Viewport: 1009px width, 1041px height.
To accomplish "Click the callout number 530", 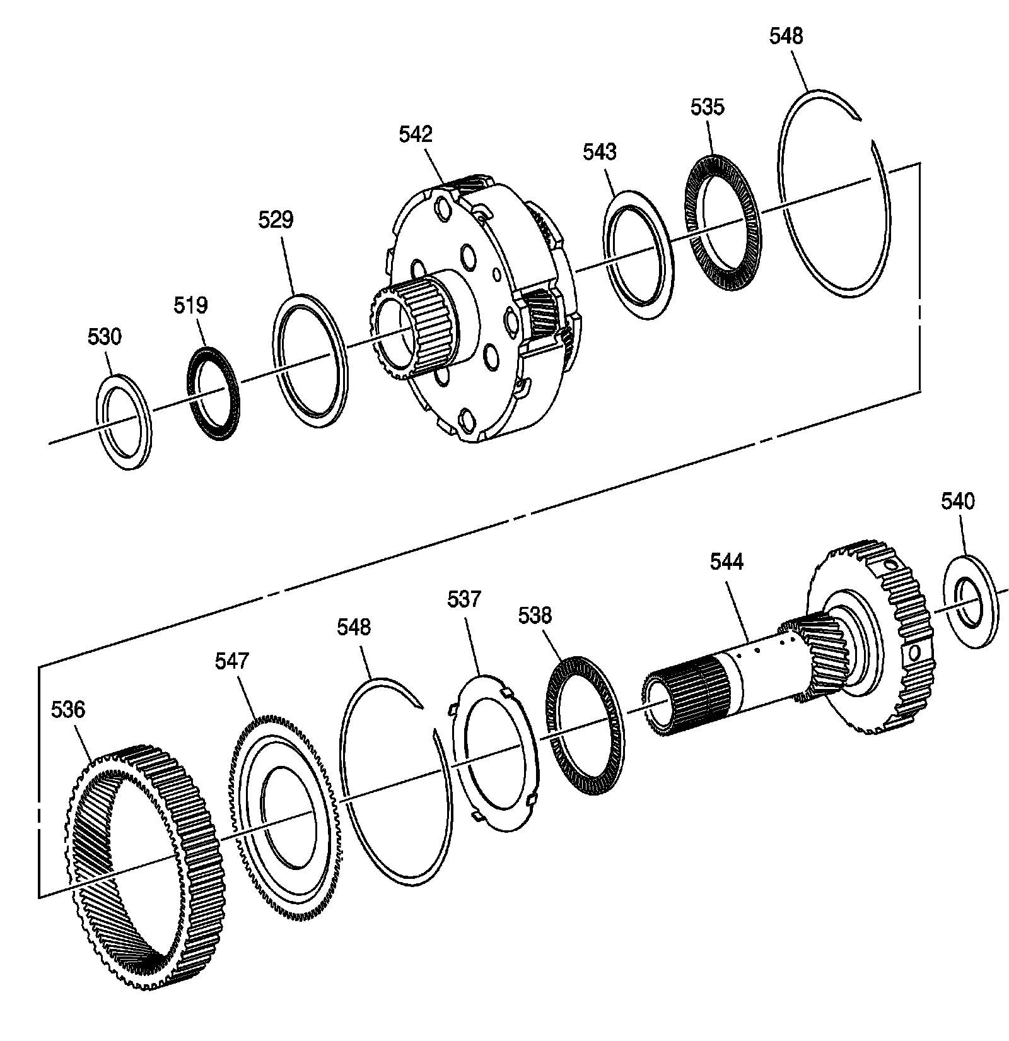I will pos(104,337).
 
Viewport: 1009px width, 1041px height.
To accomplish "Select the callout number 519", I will pos(190,305).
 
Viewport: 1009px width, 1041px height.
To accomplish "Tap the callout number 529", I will pos(276,220).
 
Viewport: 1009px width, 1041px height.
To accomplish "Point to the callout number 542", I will pos(416,134).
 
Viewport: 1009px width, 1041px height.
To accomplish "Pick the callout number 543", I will pos(599,152).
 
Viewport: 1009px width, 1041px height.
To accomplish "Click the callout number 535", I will pos(707,107).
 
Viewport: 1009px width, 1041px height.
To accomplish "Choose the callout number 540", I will pos(957,502).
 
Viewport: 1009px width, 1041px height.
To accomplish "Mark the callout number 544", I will pos(726,562).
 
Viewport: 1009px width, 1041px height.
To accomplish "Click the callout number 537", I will pos(464,599).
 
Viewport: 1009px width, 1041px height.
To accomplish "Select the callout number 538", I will pos(535,615).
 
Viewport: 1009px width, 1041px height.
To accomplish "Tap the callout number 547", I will pos(232,661).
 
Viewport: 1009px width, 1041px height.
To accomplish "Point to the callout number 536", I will pos(68,710).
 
